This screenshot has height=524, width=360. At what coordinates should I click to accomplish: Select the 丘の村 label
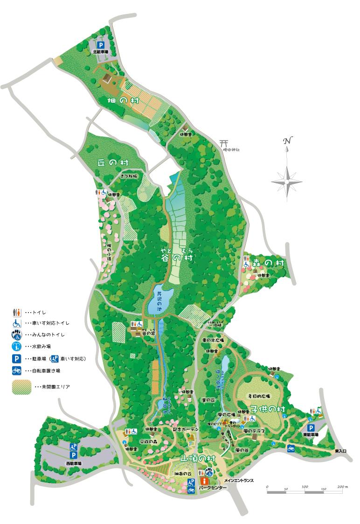(113, 162)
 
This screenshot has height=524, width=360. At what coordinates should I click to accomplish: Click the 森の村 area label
(268, 263)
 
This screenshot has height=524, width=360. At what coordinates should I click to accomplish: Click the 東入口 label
(342, 452)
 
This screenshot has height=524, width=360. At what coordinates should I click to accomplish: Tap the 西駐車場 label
(74, 463)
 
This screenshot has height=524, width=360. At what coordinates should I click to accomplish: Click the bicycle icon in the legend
(17, 370)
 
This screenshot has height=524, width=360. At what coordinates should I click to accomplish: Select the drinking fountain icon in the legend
(17, 346)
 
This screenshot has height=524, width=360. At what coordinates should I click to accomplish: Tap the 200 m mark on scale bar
(340, 487)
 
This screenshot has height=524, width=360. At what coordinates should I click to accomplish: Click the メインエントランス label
(239, 480)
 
